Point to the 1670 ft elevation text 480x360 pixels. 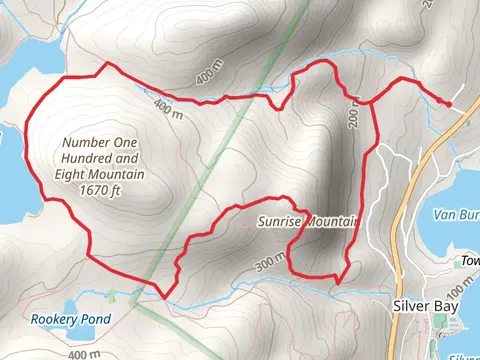(101, 189)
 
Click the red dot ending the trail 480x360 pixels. (448, 103)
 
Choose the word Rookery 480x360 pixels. (50, 320)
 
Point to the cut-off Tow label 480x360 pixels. (471, 261)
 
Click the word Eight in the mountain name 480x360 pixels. (73, 174)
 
